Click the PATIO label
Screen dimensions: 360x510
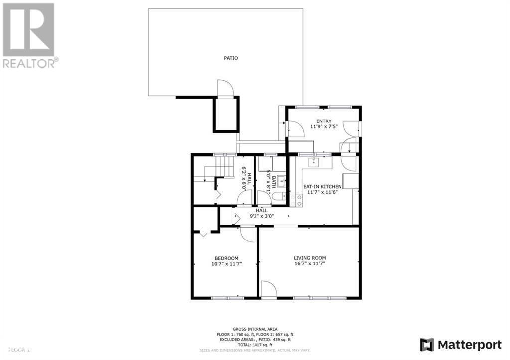tap(230, 58)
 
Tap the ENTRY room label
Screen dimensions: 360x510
tap(324, 121)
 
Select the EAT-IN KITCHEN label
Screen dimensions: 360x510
tap(322, 186)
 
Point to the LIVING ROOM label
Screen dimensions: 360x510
tap(309, 258)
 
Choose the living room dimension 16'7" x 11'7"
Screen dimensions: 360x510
tap(309, 264)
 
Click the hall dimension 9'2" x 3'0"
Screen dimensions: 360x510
tap(261, 217)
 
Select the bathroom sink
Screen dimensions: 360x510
tap(280, 180)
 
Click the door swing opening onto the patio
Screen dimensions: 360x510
tap(225, 88)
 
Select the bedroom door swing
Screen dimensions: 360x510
tap(247, 233)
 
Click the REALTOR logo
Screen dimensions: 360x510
tap(29, 35)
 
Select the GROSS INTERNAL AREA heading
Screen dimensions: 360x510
tap(255, 329)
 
